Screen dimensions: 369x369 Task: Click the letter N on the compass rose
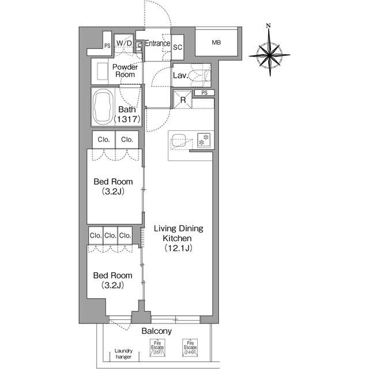269,26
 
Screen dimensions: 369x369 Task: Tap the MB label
216,43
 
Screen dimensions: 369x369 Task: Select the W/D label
124,43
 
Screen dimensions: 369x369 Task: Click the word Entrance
157,43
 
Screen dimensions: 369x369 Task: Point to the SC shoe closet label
178,47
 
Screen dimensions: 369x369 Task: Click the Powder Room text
124,70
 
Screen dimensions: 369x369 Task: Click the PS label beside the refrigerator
204,93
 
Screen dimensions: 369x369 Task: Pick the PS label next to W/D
107,46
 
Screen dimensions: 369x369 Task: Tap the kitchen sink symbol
179,140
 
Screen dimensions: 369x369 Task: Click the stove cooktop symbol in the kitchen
202,139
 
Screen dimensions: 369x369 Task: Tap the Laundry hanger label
123,353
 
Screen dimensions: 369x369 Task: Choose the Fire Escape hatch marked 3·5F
157,348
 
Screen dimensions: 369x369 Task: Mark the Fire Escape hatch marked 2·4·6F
190,348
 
